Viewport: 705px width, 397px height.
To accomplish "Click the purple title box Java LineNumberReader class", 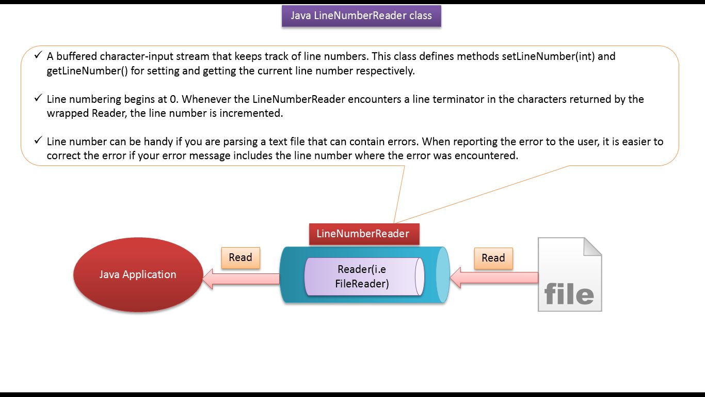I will [x=361, y=16].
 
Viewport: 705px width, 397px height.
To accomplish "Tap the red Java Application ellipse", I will [x=137, y=274].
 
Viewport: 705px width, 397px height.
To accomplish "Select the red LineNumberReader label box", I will [x=363, y=234].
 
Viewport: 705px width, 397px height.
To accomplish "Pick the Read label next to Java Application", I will [x=241, y=258].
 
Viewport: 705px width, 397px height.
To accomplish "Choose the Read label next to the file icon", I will [x=493, y=258].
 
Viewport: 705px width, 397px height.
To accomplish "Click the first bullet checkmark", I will [x=38, y=55].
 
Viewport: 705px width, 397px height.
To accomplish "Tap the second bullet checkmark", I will [x=38, y=98].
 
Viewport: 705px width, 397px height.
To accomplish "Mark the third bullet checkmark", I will [x=38, y=141].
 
